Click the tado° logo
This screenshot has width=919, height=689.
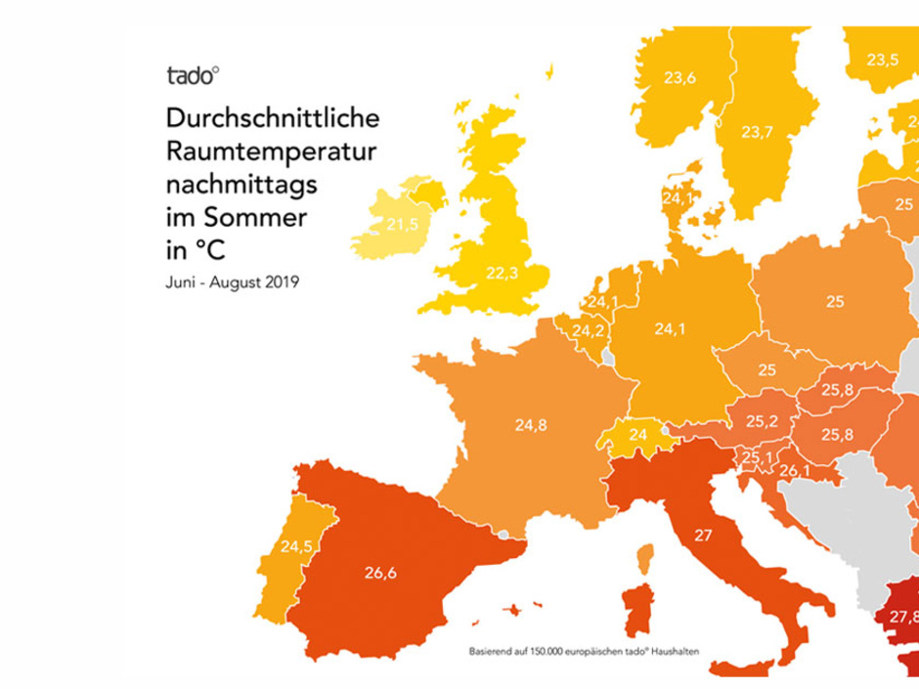click(x=193, y=76)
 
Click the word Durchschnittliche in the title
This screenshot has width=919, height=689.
click(x=271, y=120)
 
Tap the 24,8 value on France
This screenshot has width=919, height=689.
click(x=533, y=424)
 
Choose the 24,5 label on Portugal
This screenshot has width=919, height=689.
click(x=296, y=547)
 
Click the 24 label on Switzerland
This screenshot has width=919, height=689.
click(x=637, y=435)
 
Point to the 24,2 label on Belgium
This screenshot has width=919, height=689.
click(x=588, y=331)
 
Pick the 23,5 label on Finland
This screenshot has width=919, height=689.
click(x=882, y=59)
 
